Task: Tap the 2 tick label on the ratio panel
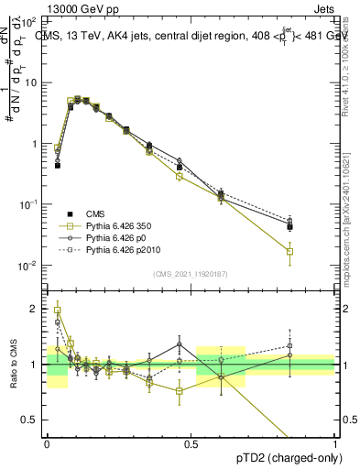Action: (35, 310)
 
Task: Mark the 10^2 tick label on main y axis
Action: (27, 20)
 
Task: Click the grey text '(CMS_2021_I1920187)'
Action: (191, 274)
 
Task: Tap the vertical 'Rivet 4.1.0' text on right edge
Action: (345, 64)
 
